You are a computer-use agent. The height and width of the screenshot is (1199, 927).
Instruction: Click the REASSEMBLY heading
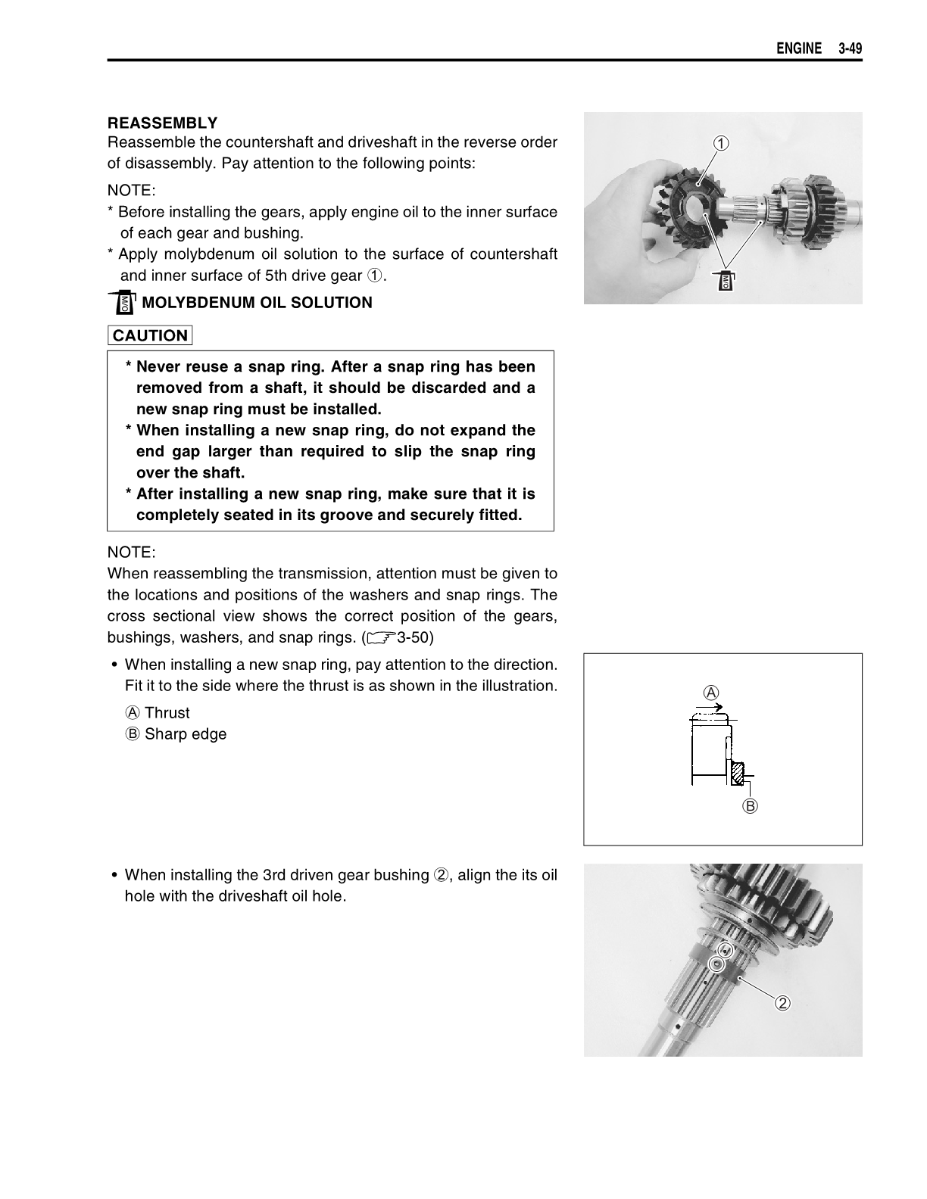[x=162, y=123]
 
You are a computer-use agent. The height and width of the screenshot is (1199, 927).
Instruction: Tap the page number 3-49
[x=851, y=49]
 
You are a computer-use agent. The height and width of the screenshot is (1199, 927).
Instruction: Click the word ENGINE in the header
[x=798, y=49]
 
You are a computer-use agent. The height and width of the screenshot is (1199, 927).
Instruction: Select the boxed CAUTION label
[x=150, y=335]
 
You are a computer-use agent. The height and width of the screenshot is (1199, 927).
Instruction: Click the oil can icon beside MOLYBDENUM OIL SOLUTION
[x=121, y=302]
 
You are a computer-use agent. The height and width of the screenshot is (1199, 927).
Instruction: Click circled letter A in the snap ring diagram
[x=711, y=692]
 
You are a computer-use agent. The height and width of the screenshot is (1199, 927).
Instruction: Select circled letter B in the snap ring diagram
[x=750, y=805]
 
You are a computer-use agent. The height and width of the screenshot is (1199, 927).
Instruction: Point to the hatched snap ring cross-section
[x=738, y=773]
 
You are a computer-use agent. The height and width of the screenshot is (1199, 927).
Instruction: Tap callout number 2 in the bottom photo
[x=782, y=1003]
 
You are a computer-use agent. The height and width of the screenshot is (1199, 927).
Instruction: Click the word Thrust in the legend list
[x=167, y=713]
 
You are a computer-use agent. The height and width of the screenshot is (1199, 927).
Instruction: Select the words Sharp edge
[x=186, y=734]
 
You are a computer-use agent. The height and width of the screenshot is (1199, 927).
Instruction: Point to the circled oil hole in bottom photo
[x=716, y=963]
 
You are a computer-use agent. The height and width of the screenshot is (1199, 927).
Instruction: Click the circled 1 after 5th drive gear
[x=375, y=276]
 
